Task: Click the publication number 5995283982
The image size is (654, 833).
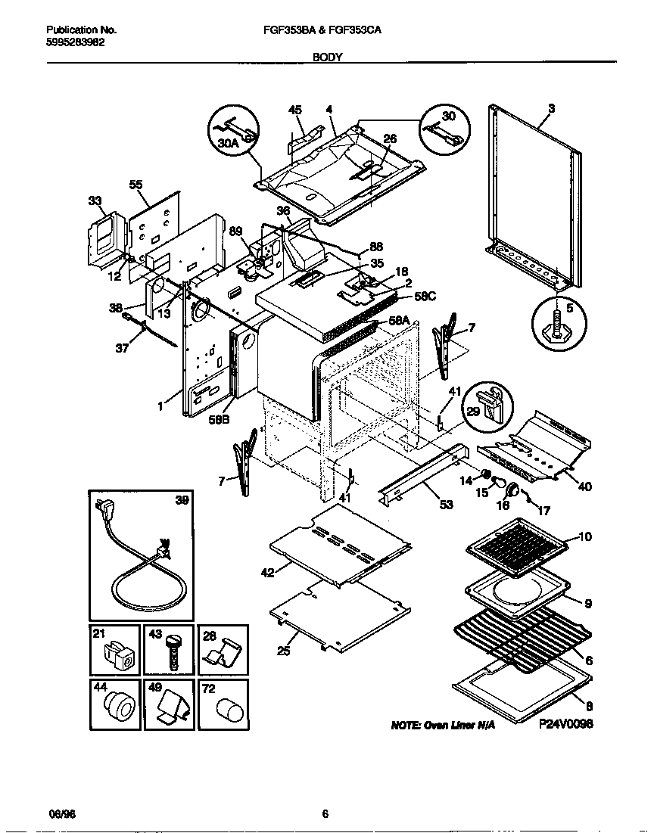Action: pos(76,42)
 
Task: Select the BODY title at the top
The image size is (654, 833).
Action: pos(328,56)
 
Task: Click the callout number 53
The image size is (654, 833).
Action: pos(446,504)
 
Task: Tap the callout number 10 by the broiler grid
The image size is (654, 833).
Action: pos(586,536)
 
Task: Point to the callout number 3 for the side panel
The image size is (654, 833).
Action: pos(551,109)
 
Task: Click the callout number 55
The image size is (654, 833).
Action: pos(135,184)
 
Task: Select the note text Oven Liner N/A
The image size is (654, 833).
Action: pos(443,725)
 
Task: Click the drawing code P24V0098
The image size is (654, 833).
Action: pos(565,724)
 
